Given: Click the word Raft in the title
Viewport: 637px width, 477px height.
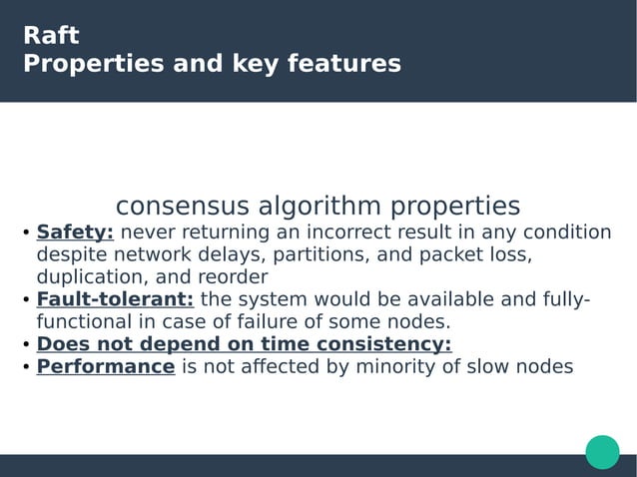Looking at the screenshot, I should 51,36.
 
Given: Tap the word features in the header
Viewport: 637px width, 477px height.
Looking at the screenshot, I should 343,65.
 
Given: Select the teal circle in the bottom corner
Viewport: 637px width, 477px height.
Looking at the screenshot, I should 602,451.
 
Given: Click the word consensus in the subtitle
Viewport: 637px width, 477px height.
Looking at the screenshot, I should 184,207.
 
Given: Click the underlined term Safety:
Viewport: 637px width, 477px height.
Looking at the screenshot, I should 76,233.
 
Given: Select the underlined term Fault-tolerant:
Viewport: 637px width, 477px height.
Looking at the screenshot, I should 115,300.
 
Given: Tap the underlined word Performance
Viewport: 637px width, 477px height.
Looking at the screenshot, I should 106,366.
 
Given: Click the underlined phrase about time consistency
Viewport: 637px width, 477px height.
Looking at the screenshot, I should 244,344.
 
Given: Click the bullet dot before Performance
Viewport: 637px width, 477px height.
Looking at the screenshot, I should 26,368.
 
